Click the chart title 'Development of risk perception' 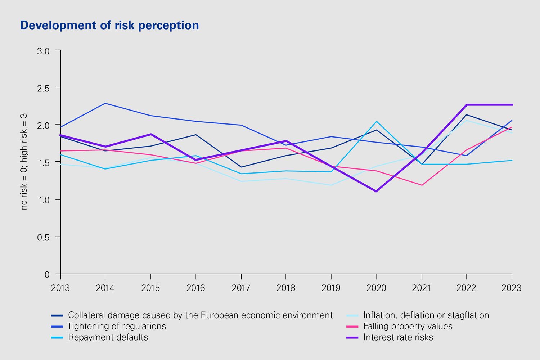(x=109, y=25)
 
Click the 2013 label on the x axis (x=60, y=288)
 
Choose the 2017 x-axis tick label (x=241, y=288)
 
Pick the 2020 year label (x=376, y=288)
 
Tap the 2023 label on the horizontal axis (x=512, y=288)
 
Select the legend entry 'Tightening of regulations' (x=117, y=327)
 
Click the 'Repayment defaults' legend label (x=108, y=338)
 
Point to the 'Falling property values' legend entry (x=408, y=327)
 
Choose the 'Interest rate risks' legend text (x=398, y=338)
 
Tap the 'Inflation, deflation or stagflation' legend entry (x=426, y=315)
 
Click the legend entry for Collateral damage (x=200, y=315)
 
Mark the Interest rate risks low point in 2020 (x=376, y=191)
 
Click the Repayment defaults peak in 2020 (x=376, y=121)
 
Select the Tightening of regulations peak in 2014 (x=105, y=103)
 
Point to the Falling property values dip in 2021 (x=422, y=185)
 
